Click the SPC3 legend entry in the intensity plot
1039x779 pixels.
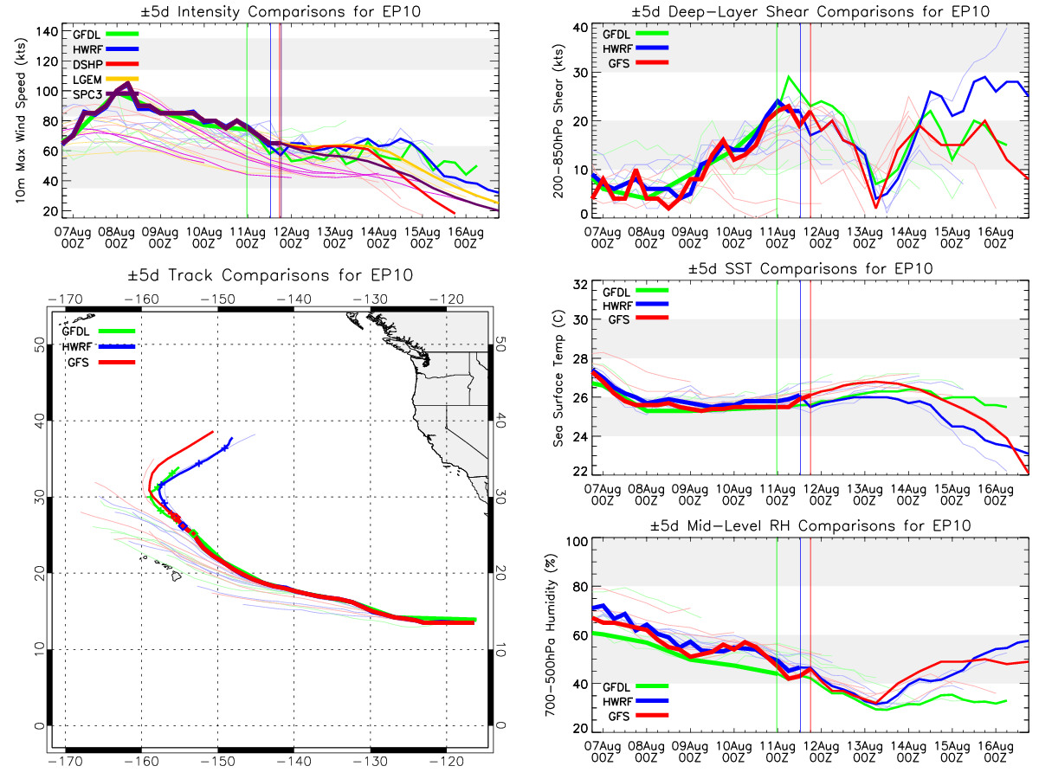(105, 94)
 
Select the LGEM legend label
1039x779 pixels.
(87, 80)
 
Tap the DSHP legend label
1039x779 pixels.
(87, 64)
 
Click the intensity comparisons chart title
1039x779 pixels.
(281, 11)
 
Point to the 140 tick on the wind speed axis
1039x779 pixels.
(47, 32)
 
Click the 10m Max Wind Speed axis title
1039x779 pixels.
(20, 120)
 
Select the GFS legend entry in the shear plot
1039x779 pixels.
(638, 63)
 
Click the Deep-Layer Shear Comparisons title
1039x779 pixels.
(810, 11)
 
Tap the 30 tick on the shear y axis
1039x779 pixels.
(580, 73)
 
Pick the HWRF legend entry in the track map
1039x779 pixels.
(99, 347)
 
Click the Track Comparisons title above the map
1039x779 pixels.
(270, 274)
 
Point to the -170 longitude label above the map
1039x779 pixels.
(65, 299)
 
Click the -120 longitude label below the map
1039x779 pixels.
(447, 762)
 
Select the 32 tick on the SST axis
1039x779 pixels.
(580, 285)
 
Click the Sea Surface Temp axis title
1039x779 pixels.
(558, 378)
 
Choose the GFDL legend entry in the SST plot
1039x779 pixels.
(636, 293)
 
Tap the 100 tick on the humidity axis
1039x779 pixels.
(577, 542)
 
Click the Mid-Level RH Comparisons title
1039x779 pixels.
(810, 525)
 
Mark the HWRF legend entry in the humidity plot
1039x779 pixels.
(636, 701)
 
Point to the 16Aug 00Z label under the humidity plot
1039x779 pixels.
(996, 751)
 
